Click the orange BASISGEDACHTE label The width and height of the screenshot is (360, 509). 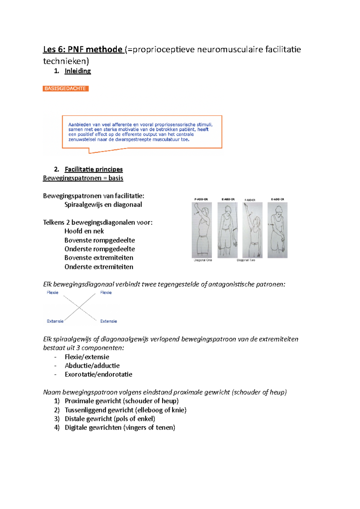[x=65, y=88]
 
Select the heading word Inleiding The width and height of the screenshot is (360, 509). [x=78, y=71]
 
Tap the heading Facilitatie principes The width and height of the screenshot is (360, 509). [x=94, y=169]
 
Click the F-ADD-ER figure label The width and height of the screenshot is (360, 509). [x=201, y=199]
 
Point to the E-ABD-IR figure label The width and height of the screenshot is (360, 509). [x=228, y=199]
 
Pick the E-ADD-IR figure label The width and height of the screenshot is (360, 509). [x=277, y=199]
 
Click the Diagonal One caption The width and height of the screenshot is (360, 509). [x=203, y=260]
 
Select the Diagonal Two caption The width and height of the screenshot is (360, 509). [x=246, y=260]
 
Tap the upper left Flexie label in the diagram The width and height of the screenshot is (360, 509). [x=52, y=293]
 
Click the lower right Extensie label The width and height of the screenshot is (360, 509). [x=109, y=321]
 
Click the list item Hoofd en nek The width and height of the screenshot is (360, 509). [x=84, y=231]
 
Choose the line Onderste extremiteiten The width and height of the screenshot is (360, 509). [x=99, y=267]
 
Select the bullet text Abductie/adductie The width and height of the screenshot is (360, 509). [x=92, y=366]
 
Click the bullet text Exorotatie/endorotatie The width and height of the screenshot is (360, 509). [x=98, y=374]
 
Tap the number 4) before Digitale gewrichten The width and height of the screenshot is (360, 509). [x=57, y=427]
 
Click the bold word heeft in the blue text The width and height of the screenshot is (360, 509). [x=203, y=129]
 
